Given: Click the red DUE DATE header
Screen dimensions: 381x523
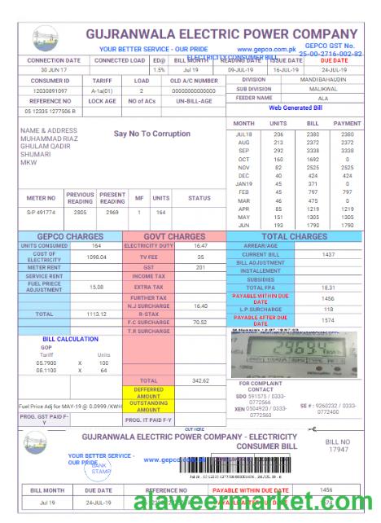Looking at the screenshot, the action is [334, 60].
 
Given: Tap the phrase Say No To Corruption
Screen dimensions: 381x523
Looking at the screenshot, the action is [151, 134].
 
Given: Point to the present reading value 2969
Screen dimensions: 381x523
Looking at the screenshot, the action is [112, 212].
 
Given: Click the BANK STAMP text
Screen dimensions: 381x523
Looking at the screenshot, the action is [101, 468].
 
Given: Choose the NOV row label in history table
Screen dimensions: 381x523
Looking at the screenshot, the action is [243, 167].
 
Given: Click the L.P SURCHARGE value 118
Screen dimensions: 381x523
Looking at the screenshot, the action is [328, 310].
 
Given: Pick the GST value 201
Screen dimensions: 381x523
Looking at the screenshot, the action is [200, 267].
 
